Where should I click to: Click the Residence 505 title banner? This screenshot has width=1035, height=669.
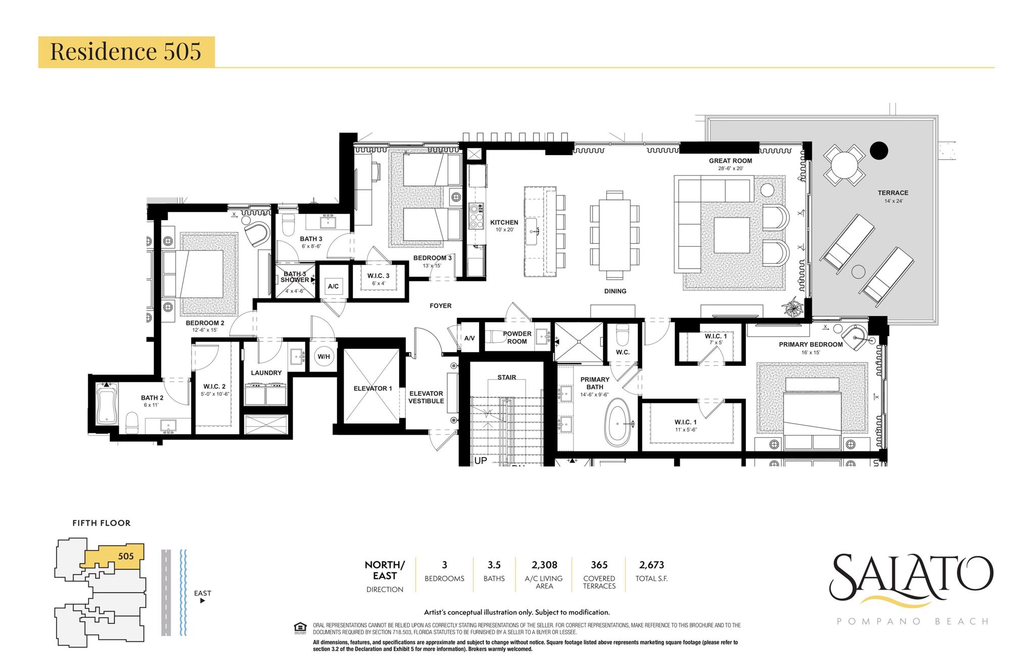(126, 52)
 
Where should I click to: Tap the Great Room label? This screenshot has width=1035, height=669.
(730, 161)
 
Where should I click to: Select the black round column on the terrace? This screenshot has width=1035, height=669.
(879, 150)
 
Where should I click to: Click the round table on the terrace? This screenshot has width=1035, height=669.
(844, 165)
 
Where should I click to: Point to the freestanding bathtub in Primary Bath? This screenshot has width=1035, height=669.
(619, 422)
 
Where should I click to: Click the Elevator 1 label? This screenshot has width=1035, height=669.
(372, 388)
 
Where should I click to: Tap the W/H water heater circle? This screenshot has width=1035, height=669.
(323, 356)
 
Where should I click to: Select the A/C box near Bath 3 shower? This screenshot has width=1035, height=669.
(333, 286)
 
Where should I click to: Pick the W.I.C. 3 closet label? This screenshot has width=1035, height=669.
(378, 276)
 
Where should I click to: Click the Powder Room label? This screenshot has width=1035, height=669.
(516, 337)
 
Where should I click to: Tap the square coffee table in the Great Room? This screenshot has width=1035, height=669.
(731, 235)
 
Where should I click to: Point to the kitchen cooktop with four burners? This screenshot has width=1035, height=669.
(476, 216)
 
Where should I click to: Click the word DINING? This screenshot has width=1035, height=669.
(615, 291)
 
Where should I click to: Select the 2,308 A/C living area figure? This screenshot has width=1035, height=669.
(544, 565)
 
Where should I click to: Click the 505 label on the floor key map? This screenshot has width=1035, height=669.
(126, 556)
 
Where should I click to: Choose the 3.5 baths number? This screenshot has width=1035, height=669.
(494, 565)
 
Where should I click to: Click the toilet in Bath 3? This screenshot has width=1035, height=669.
(288, 226)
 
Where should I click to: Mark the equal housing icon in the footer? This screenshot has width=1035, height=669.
(300, 628)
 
